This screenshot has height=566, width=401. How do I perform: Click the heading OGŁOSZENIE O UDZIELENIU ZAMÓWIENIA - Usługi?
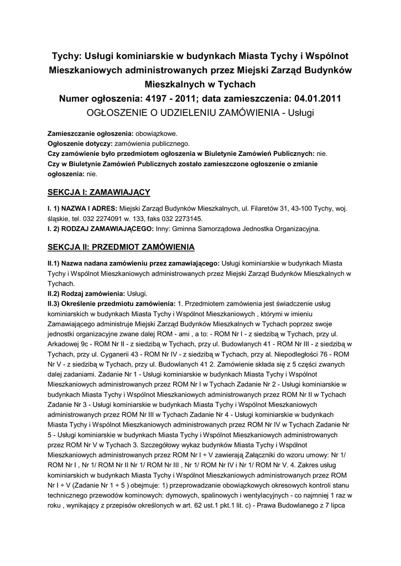point(200,113)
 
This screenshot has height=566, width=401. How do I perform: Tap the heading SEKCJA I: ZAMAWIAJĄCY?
point(99,192)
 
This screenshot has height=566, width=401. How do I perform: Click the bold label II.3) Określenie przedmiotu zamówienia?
point(111,303)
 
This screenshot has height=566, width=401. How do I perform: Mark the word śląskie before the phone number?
point(59,218)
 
